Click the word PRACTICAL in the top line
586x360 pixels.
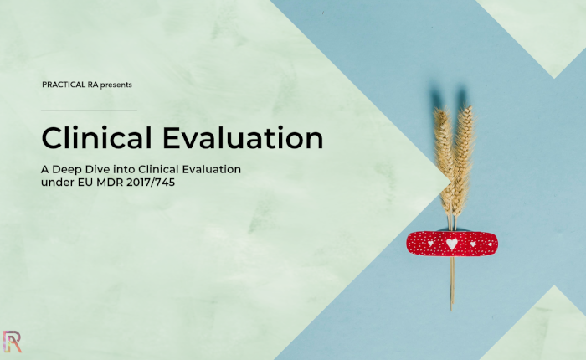(x=64, y=85)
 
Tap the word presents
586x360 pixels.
(x=116, y=85)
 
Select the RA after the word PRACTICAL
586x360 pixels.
(x=93, y=85)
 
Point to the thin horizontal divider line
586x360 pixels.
(x=89, y=110)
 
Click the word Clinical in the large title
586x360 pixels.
(x=97, y=137)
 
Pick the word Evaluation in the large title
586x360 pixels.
(x=243, y=137)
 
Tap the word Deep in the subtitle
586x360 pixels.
(x=67, y=169)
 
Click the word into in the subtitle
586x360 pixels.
(x=125, y=169)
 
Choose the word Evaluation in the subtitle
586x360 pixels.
(x=212, y=169)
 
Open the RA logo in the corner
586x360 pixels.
(x=12, y=342)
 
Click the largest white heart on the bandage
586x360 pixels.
(x=452, y=244)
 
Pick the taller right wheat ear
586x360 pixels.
(x=464, y=157)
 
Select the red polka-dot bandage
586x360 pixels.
(x=452, y=244)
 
